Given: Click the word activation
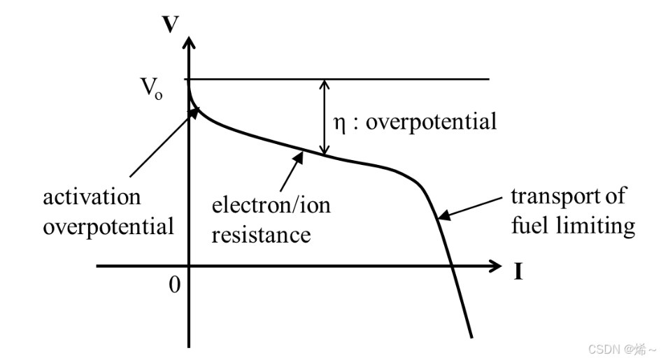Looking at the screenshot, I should (92, 196).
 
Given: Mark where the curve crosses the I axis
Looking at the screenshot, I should (453, 266).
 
